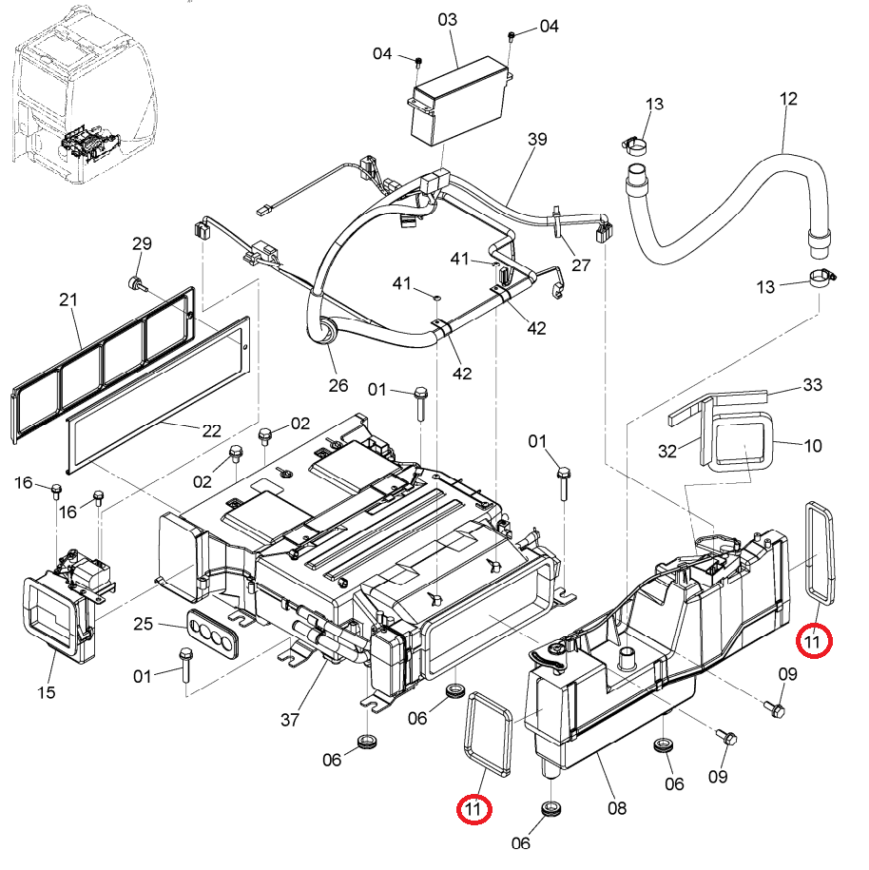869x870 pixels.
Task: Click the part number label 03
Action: pos(447,20)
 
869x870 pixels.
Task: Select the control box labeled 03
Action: pos(459,101)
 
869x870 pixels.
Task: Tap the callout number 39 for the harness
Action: pos(537,139)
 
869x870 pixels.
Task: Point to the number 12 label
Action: pos(788,99)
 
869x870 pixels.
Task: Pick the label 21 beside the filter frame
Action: pos(68,300)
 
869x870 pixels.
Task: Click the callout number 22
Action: pos(211,431)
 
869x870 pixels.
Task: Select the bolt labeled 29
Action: pos(137,284)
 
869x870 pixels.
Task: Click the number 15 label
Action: pos(46,692)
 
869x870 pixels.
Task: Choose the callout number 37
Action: pos(290,720)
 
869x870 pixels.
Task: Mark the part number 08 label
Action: pos(617,808)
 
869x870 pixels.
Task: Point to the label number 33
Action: pos(812,384)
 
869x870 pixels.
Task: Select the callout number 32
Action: pos(667,451)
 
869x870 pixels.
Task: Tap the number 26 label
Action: pos(338,386)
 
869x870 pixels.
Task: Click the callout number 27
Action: pos(581,265)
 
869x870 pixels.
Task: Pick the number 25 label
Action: pos(143,624)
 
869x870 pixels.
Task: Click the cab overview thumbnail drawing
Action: pos(84,94)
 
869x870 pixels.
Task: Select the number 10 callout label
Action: pos(812,446)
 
